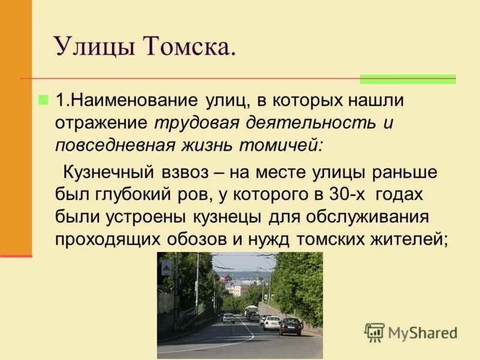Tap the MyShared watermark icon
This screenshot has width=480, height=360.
(374, 332)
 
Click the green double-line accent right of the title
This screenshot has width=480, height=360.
(407, 79)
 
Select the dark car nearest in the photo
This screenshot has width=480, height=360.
(290, 326)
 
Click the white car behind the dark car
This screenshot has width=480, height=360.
(272, 323)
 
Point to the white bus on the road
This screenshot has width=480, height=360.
(251, 312)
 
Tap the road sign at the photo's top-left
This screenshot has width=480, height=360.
(166, 268)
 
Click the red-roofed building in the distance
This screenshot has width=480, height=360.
(226, 279)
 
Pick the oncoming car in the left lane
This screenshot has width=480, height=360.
(228, 318)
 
